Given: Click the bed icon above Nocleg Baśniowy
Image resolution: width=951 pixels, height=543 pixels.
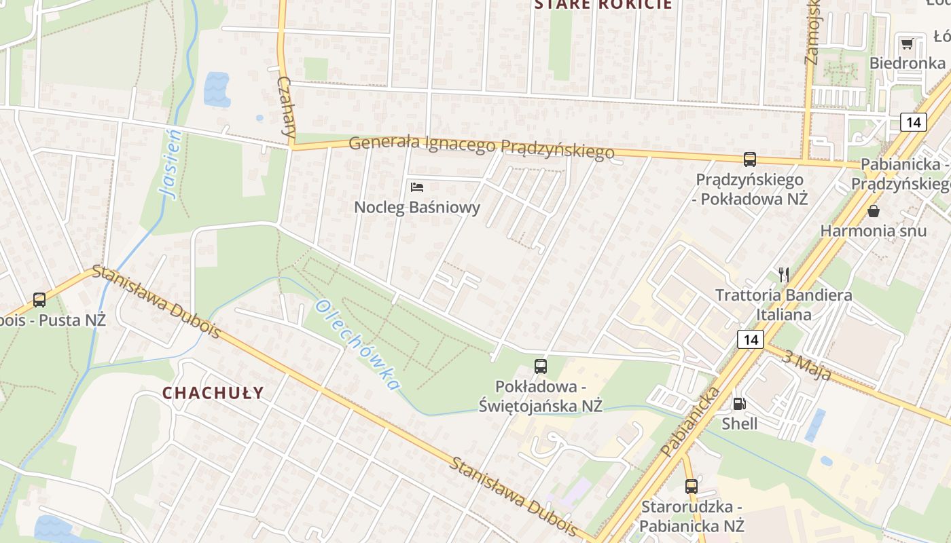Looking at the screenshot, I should click(417, 187).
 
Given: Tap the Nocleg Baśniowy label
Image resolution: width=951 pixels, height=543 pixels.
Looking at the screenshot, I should click(417, 208).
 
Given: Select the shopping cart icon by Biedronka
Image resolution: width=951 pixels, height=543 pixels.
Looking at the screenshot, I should click(907, 44).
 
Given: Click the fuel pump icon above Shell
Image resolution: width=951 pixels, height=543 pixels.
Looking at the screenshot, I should click(739, 404).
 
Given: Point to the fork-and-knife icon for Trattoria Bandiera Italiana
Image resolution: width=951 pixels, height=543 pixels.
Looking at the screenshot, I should click(784, 274).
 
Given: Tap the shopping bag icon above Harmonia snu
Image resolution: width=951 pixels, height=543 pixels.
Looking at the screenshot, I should click(874, 211).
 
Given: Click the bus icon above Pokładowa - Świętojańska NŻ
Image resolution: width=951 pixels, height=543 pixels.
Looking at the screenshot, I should click(541, 367).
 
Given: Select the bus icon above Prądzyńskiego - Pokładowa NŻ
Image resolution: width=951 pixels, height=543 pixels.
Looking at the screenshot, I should click(750, 160).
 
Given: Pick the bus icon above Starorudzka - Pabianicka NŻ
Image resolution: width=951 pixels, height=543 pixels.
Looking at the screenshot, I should click(692, 486).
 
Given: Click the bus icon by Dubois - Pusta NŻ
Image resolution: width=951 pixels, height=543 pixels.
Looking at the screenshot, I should click(39, 299).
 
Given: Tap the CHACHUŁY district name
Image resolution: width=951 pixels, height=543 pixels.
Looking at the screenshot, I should click(213, 393).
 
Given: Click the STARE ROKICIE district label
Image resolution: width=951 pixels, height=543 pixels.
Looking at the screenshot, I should click(603, 5).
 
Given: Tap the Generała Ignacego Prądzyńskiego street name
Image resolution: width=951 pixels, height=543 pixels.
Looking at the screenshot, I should click(482, 147).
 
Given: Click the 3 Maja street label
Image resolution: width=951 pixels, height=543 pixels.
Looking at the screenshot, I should click(806, 364).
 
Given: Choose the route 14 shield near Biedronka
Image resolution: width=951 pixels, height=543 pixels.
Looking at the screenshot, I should click(914, 122).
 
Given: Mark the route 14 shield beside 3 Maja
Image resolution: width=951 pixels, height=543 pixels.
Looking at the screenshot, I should click(750, 339).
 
